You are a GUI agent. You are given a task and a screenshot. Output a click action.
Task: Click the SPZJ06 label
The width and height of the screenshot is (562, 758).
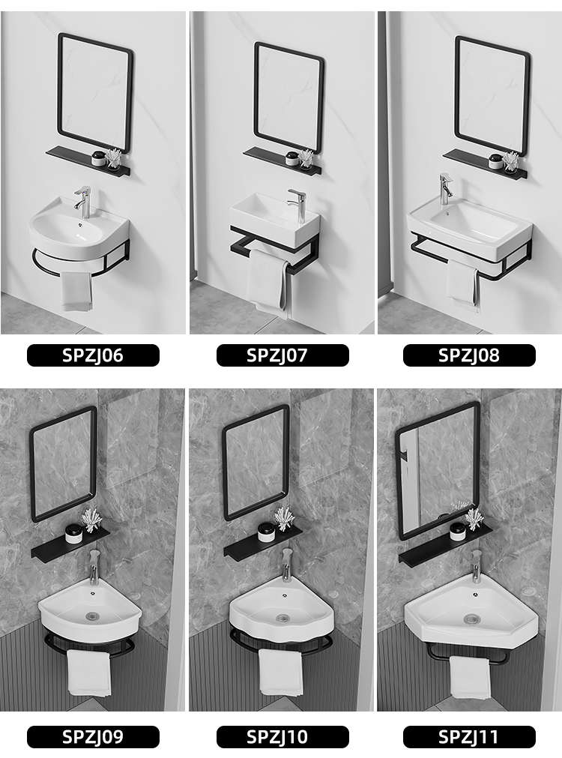[x=93, y=355]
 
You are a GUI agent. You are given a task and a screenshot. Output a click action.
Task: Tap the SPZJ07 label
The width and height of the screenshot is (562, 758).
[x=282, y=355]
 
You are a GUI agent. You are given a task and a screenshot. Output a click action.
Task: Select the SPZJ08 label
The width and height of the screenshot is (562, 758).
[x=469, y=355]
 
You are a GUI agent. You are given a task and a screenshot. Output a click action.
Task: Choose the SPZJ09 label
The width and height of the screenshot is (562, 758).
[x=93, y=737]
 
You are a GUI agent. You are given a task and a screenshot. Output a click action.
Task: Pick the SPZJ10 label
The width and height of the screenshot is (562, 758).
[x=282, y=737]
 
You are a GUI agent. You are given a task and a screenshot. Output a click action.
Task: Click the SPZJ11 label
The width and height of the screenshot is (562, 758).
[x=469, y=737]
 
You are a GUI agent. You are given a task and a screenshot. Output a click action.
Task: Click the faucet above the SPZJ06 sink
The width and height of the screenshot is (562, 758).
[x=83, y=202]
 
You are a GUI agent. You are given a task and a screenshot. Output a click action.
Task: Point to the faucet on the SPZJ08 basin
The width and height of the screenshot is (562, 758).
[x=445, y=189]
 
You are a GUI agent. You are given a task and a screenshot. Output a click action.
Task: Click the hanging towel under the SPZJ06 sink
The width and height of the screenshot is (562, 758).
[x=76, y=291]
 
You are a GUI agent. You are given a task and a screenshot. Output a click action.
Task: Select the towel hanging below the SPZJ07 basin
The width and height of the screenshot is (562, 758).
[x=268, y=282]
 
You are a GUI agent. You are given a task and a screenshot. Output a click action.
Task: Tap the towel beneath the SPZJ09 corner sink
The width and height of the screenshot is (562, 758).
[x=88, y=673]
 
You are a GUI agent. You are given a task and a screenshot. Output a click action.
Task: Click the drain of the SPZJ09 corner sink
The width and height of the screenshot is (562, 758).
[x=92, y=616]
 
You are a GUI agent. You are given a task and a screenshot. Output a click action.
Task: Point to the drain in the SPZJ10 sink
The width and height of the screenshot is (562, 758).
[x=282, y=618]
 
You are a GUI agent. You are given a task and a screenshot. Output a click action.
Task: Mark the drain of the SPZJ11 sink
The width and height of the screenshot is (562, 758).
[x=471, y=619]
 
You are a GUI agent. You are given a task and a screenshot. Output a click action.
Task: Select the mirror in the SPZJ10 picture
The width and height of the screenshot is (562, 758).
[x=255, y=463]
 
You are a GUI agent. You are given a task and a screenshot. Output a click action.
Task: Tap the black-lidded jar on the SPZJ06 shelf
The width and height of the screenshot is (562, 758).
[x=99, y=159]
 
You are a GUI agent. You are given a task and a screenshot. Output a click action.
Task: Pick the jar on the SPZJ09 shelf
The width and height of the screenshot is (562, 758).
[x=73, y=533]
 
